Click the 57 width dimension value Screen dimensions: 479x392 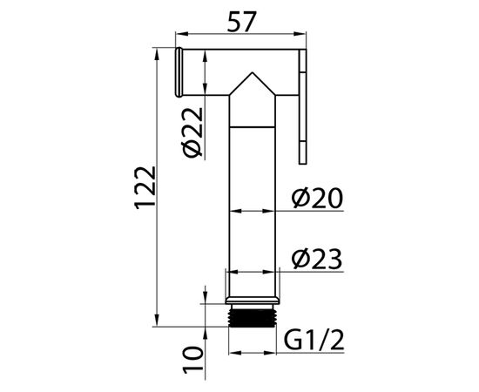[x=240, y=22]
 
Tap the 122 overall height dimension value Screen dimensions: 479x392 [x=145, y=188]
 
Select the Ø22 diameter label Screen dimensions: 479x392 [x=192, y=132]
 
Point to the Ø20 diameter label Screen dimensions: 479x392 [x=317, y=199]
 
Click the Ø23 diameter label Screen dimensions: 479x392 [x=317, y=260]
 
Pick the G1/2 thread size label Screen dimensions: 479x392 [x=314, y=341]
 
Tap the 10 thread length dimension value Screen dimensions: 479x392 [x=193, y=360]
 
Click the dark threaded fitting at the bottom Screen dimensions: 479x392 [x=253, y=318]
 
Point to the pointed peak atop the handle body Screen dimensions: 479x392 [x=253, y=72]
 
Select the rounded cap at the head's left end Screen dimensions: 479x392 [x=179, y=72]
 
